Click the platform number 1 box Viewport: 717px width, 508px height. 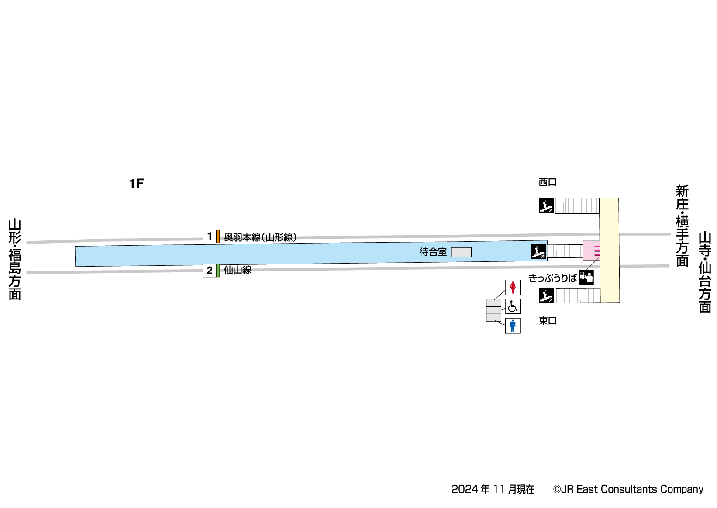210,236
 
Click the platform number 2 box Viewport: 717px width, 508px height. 210,270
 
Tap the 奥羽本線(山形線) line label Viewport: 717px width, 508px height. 260,237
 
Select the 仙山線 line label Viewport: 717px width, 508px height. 238,270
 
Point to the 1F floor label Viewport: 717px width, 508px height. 136,184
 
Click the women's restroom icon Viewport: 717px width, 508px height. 513,287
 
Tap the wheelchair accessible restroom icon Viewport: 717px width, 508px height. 513,306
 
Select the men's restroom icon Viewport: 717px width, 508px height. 513,326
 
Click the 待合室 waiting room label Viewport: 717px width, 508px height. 433,252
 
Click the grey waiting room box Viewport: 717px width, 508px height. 461,252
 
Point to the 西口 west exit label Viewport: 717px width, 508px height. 548,182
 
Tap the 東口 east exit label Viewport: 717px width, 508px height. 548,320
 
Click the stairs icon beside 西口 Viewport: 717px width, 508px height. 546,205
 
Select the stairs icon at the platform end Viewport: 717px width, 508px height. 538,252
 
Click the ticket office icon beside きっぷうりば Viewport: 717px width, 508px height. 586,278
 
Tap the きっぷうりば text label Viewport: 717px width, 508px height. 552,278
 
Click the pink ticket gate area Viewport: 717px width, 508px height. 591,251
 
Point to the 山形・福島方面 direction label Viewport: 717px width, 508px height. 15,259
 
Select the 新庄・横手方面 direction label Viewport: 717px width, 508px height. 682,226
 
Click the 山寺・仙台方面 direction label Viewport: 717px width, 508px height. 705,272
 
